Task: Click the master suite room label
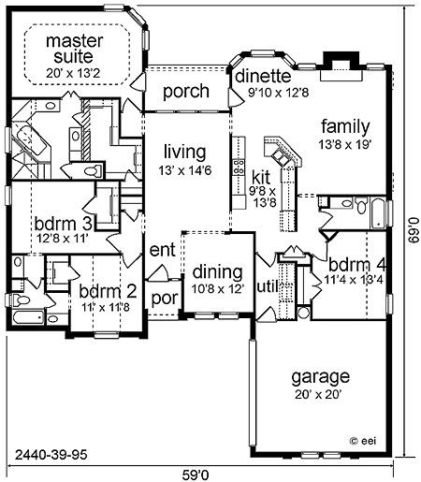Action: (74, 49)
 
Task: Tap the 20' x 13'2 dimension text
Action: (74, 73)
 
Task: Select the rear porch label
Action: (186, 91)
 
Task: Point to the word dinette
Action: (263, 76)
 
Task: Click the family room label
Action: (345, 126)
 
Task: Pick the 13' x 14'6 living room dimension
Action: (185, 170)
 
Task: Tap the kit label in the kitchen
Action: (261, 178)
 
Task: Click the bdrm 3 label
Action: (63, 224)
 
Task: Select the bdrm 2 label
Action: (108, 291)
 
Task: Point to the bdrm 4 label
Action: (357, 266)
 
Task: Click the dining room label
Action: (217, 272)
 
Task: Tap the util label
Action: (267, 286)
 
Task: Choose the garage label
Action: (321, 377)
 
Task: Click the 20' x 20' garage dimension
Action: (318, 395)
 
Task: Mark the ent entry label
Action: (162, 250)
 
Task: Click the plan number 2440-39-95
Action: (51, 455)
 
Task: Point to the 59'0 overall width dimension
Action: (196, 475)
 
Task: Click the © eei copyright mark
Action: (363, 441)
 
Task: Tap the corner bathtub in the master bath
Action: (29, 140)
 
